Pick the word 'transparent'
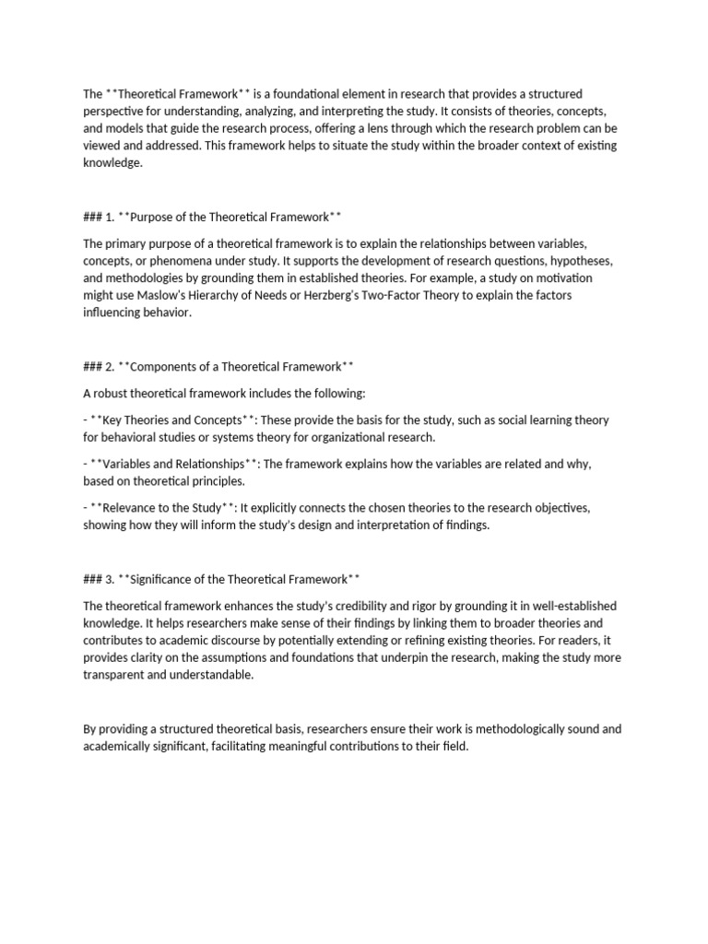(114, 674)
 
